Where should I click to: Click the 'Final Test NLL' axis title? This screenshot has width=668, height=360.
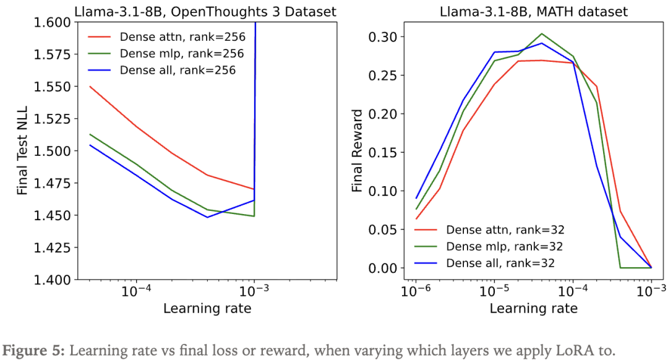[x=23, y=151]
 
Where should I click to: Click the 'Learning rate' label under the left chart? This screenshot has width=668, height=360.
[x=207, y=308]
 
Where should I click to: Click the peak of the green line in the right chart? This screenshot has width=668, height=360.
[x=541, y=33]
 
